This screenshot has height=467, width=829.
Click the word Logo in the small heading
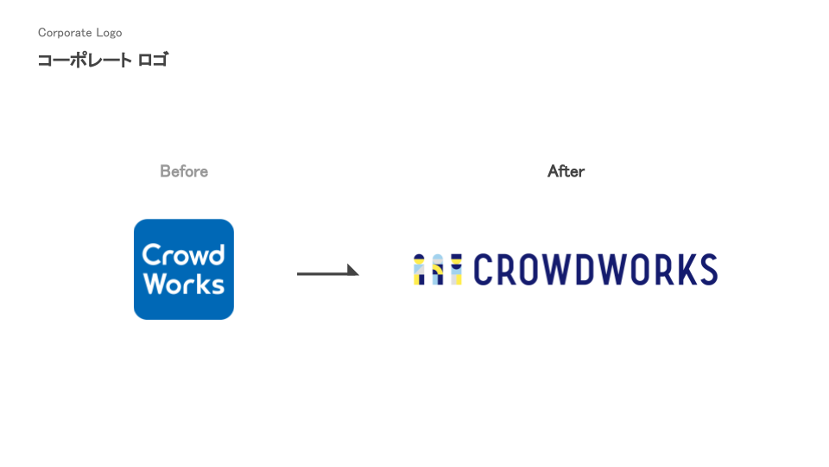[x=108, y=33]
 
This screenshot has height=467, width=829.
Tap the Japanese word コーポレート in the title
[x=85, y=61]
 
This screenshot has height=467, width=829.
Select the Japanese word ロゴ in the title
[x=153, y=61]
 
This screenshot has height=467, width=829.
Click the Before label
[x=184, y=171]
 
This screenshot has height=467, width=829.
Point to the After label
[x=566, y=171]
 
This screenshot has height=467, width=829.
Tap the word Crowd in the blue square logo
[x=183, y=254]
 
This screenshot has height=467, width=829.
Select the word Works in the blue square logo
[x=183, y=284]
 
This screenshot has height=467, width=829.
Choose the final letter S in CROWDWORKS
[x=708, y=270]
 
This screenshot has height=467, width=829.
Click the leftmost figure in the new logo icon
[x=420, y=270]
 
